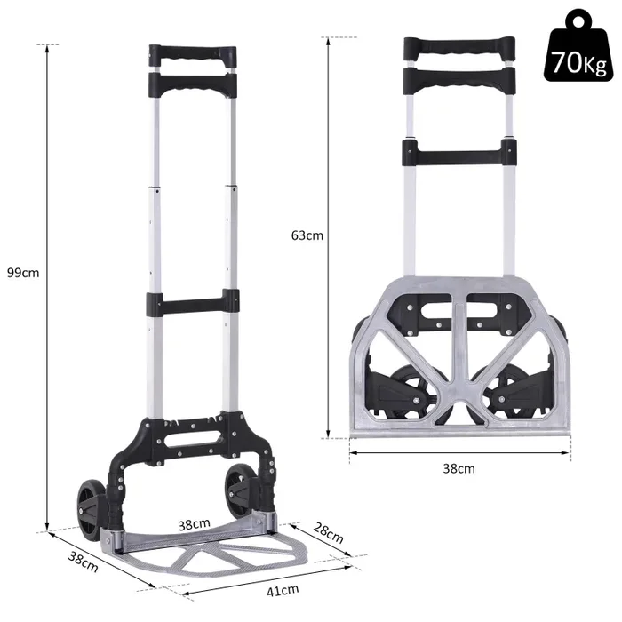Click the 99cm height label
(x=23, y=272)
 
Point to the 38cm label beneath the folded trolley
(x=459, y=468)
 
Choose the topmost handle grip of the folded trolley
(x=459, y=48)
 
